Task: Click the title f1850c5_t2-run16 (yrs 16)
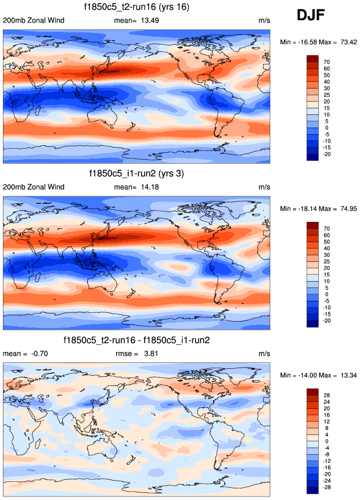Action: pos(138,8)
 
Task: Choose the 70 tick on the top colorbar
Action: pos(327,62)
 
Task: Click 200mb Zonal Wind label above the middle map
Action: pos(34,187)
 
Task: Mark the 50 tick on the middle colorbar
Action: pos(327,241)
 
